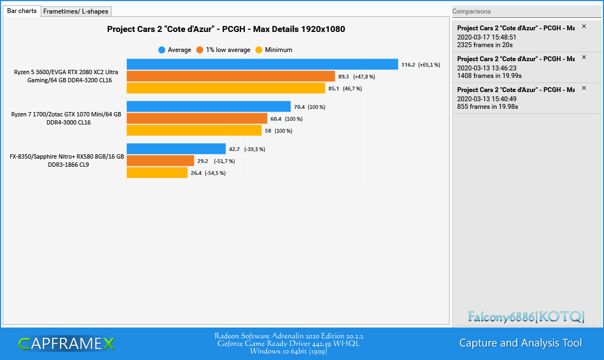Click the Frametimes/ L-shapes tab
76,11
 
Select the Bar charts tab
22,11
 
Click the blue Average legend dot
162,50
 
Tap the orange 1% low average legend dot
199,50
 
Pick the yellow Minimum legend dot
259,50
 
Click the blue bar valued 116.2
262,64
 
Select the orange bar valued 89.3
231,76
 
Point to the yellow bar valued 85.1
226,88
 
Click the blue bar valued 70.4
209,107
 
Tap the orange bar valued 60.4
197,119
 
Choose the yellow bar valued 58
194,130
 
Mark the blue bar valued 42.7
176,149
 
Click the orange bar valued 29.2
160,161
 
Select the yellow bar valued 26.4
157,173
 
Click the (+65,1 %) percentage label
429,64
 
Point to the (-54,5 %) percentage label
216,173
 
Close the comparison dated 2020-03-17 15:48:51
584,27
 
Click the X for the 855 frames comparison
584,88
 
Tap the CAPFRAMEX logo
66,344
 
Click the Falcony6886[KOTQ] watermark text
526,317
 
